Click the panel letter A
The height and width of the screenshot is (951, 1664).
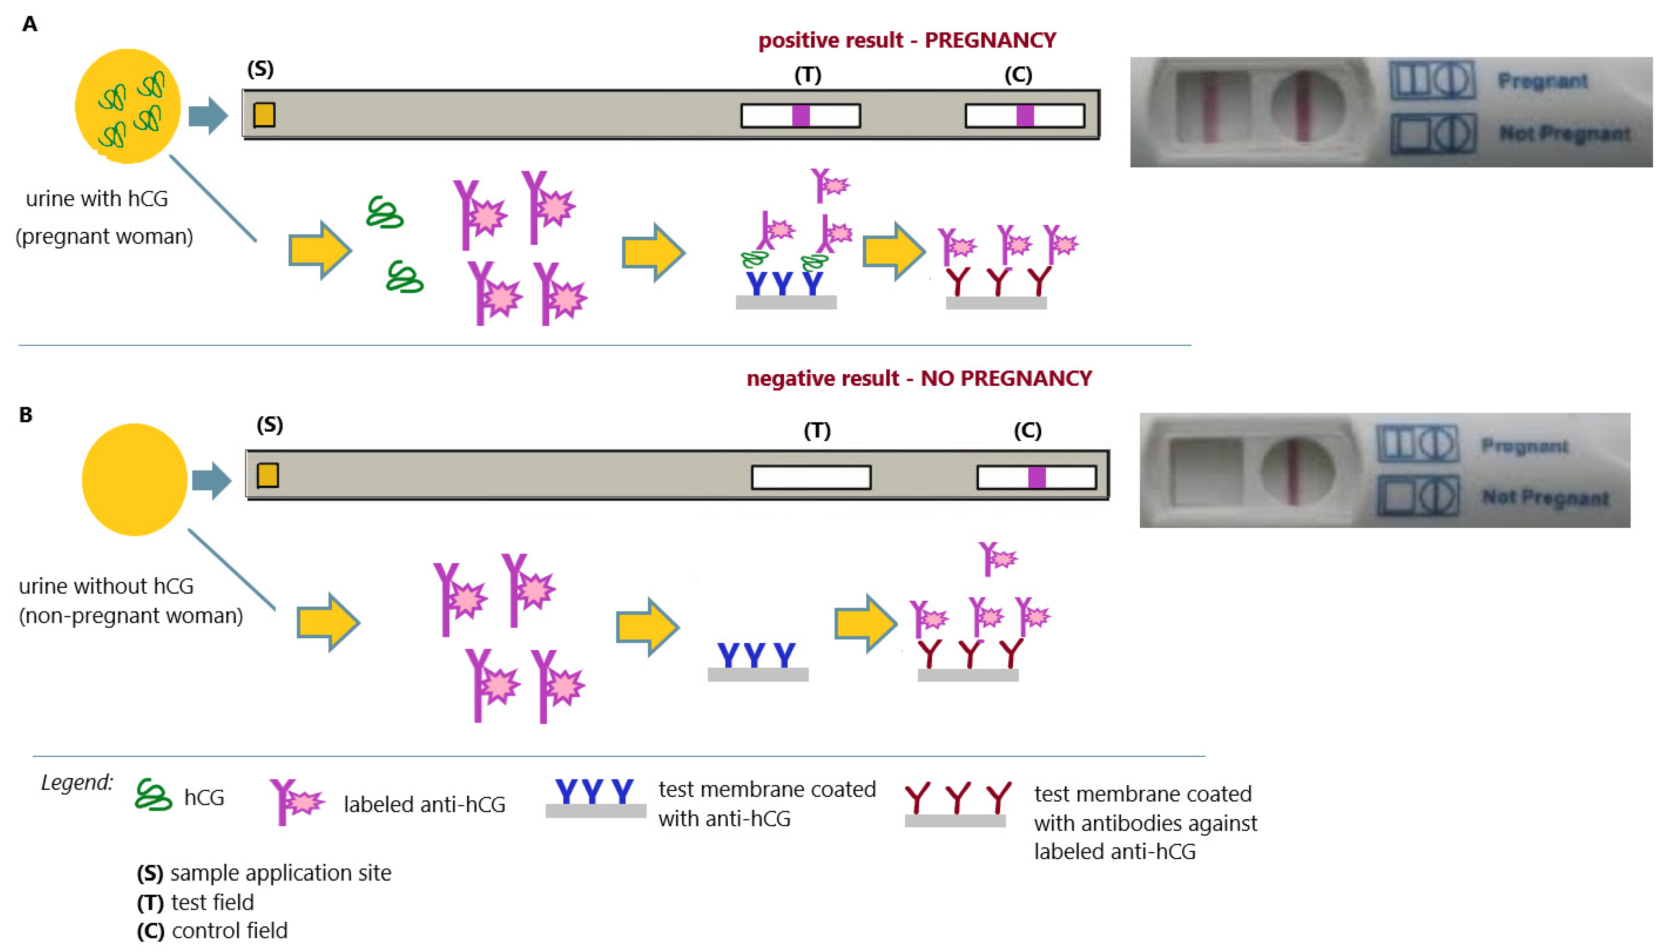pyautogui.click(x=29, y=25)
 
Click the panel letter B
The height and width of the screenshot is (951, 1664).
pyautogui.click(x=25, y=415)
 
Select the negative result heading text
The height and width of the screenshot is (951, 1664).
pyautogui.click(x=918, y=378)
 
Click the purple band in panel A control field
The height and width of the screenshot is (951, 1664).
pyautogui.click(x=1025, y=116)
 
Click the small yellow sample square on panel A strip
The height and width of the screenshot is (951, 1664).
pyautogui.click(x=264, y=115)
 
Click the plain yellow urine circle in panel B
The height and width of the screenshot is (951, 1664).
pyautogui.click(x=134, y=479)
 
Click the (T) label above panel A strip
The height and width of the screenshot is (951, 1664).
pyautogui.click(x=807, y=75)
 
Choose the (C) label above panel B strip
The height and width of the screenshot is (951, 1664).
pyautogui.click(x=1027, y=430)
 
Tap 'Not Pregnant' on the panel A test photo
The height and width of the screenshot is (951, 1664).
pyautogui.click(x=1564, y=134)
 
